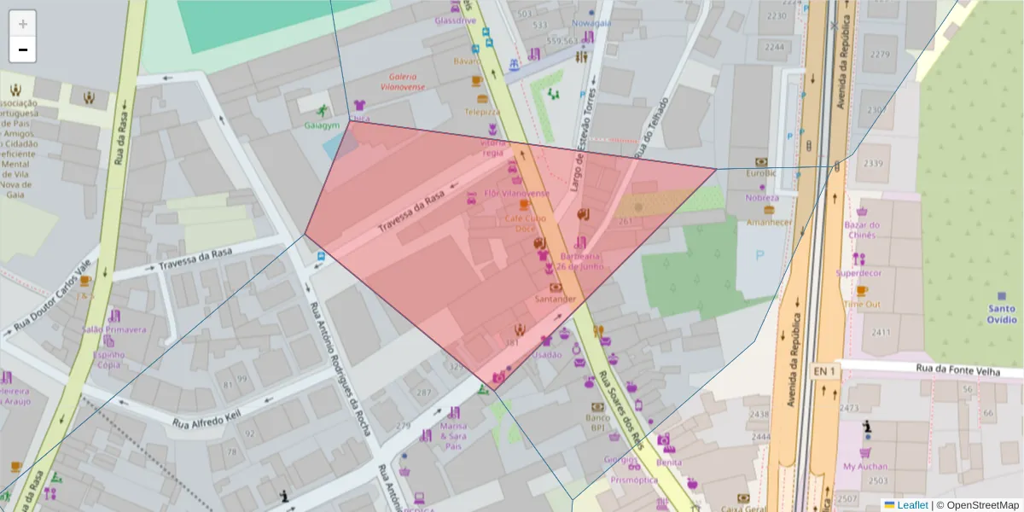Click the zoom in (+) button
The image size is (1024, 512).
tap(23, 24)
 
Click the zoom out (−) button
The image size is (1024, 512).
tap(23, 49)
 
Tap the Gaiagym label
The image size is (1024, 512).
tap(322, 125)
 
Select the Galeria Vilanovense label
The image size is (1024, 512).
tap(407, 81)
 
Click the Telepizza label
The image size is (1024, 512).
tap(482, 112)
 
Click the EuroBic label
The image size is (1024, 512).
tap(760, 173)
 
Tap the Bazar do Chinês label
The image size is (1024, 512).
tap(861, 230)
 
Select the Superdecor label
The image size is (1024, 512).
tap(858, 273)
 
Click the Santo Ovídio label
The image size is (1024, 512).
tap(1002, 314)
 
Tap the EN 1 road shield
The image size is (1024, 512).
tap(824, 372)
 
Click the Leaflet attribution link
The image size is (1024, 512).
tap(912, 505)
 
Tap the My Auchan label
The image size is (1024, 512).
tap(865, 467)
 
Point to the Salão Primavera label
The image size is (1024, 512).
tap(113, 329)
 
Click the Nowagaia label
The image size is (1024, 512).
tap(592, 23)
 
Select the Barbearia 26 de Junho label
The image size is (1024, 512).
tap(581, 261)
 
